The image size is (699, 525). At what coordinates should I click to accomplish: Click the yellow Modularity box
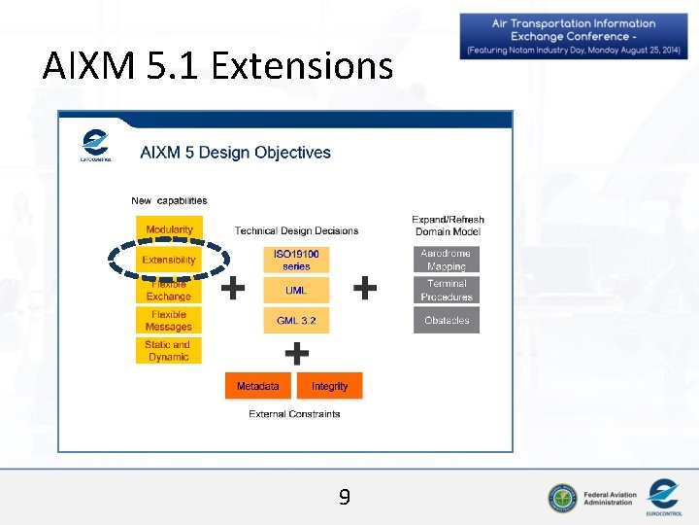tap(169, 229)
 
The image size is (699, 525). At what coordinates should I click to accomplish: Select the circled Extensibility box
tap(169, 260)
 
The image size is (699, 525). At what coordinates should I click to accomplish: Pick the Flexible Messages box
tap(169, 321)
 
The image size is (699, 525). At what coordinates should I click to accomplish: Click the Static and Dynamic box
tap(169, 351)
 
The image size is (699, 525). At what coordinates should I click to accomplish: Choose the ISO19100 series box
tap(296, 260)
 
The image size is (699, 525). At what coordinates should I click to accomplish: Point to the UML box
tap(296, 290)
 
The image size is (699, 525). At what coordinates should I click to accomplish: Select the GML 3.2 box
tap(296, 320)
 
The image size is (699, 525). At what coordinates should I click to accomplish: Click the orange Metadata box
tap(258, 386)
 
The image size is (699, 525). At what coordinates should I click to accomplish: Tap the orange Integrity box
tap(330, 386)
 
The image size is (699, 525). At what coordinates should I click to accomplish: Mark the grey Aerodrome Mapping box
tap(447, 260)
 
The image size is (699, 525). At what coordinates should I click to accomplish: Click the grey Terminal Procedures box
tap(447, 290)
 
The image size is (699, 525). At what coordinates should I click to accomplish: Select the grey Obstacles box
tap(447, 320)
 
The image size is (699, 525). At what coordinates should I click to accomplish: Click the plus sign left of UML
tap(233, 288)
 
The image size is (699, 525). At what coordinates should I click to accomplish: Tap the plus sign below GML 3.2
tap(296, 352)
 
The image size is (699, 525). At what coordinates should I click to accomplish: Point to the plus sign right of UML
tap(365, 288)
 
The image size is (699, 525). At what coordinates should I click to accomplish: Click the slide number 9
tap(345, 499)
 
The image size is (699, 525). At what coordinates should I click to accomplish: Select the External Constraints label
tap(294, 414)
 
